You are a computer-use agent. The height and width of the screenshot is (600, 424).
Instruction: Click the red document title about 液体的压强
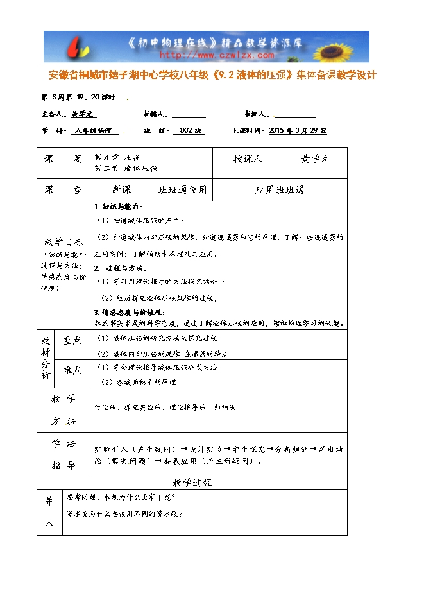click(212, 75)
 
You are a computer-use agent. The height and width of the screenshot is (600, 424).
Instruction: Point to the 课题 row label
click(64, 159)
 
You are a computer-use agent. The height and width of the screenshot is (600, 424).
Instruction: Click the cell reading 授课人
click(248, 159)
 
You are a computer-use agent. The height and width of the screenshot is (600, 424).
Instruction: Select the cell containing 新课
click(121, 190)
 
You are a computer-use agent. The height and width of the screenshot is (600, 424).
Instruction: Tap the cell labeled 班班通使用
click(183, 190)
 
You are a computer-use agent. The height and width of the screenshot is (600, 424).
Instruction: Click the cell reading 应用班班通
click(280, 190)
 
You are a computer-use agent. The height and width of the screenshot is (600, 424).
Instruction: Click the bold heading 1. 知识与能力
click(119, 207)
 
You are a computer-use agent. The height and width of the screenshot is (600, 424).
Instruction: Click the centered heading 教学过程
click(192, 483)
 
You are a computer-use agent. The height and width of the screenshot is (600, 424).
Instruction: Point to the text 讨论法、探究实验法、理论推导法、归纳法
click(165, 407)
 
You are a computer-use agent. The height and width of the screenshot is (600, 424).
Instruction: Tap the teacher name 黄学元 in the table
click(316, 159)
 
